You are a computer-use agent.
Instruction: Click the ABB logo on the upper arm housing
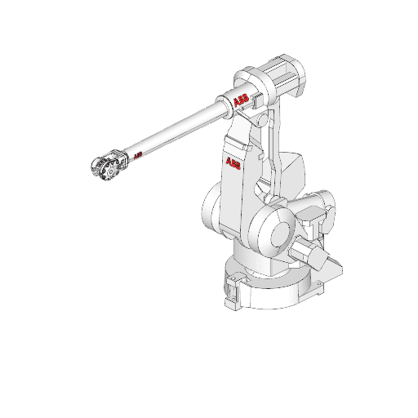click(x=242, y=101)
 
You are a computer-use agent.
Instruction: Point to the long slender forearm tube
click(x=176, y=131)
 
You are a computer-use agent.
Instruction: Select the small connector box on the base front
click(x=235, y=291)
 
